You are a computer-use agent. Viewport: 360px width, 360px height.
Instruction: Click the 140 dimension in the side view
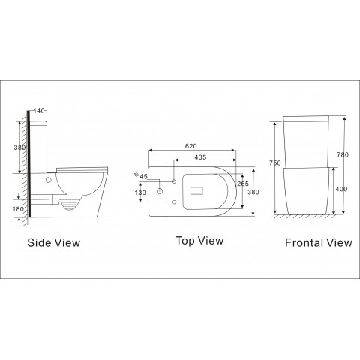pyautogui.click(x=39, y=110)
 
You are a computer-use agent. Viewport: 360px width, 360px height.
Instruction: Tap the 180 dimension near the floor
pyautogui.click(x=18, y=209)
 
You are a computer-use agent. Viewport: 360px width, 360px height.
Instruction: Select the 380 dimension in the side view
pyautogui.click(x=19, y=148)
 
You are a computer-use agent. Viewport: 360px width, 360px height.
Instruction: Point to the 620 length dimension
pyautogui.click(x=191, y=146)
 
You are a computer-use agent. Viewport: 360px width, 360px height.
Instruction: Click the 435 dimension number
pyautogui.click(x=200, y=157)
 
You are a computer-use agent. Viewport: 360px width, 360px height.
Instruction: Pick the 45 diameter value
pyautogui.click(x=143, y=177)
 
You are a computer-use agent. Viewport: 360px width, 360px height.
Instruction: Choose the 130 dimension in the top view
pyautogui.click(x=140, y=193)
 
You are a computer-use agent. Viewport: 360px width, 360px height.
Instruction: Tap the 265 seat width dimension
pyautogui.click(x=243, y=184)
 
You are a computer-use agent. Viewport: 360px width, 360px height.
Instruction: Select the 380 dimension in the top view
pyautogui.click(x=253, y=192)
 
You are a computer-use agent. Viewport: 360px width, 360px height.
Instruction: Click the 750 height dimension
pyautogui.click(x=275, y=163)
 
